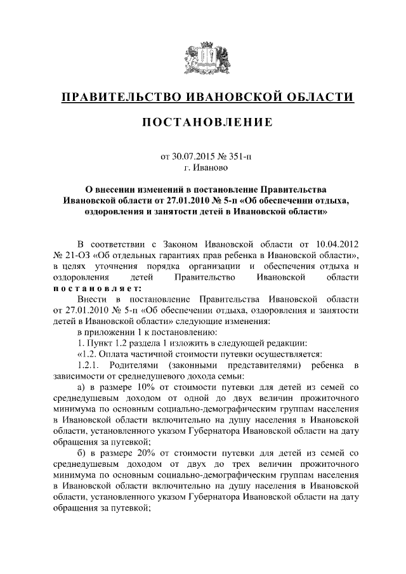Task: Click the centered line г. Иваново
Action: click(x=203, y=168)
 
